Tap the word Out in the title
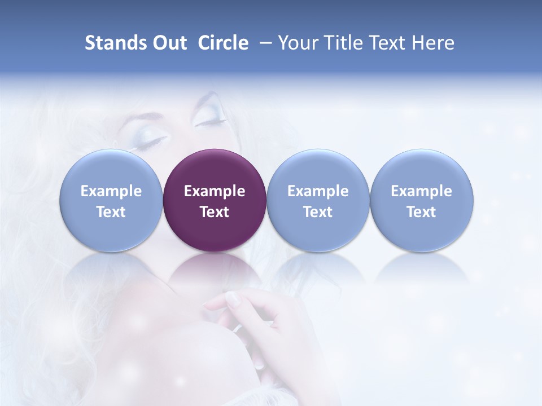click(x=168, y=43)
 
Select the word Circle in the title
click(x=223, y=43)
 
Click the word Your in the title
click(x=296, y=43)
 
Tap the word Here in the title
click(x=433, y=43)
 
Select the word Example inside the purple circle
click(x=215, y=191)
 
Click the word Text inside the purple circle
click(x=215, y=212)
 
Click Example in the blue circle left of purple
click(x=111, y=191)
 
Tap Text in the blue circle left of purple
click(x=111, y=212)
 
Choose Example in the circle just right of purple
click(x=318, y=191)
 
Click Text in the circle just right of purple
click(x=318, y=212)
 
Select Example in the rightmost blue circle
click(x=421, y=191)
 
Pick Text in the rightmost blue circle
click(x=421, y=212)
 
